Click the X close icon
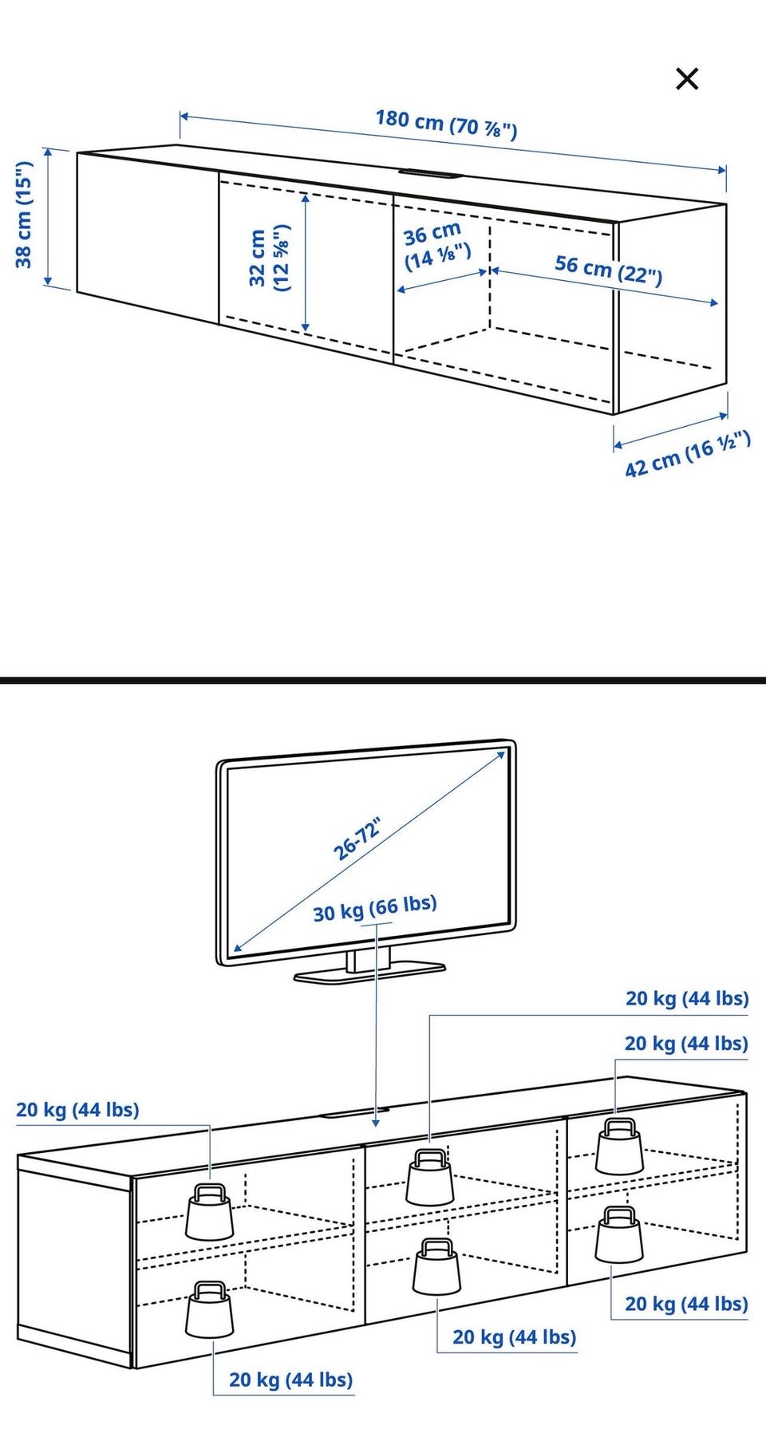[x=687, y=79]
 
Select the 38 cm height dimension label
[x=25, y=214]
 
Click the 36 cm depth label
[x=436, y=246]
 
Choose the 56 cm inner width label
[x=609, y=269]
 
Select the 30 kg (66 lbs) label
[x=375, y=907]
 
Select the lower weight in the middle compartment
[x=436, y=1267]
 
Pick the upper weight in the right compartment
[x=620, y=1146]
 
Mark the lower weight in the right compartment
[x=619, y=1234]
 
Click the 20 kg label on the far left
[x=77, y=1110]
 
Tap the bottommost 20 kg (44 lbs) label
[x=291, y=1380]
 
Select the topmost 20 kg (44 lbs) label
[x=687, y=998]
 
